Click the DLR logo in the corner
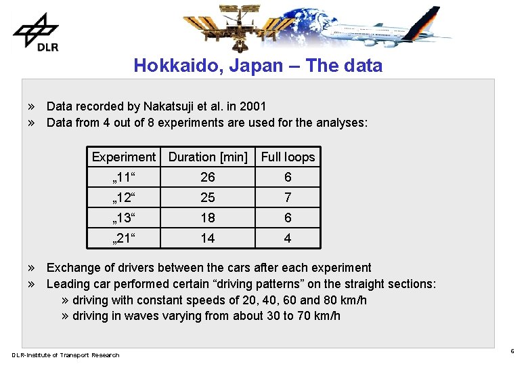35,32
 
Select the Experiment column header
123,157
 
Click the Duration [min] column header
208,157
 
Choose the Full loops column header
288,157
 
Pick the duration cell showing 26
208,178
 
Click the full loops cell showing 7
288,198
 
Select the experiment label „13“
124,218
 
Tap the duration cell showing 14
208,239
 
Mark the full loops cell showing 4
288,239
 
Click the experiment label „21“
124,239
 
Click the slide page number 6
512,352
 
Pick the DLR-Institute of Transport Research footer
65,355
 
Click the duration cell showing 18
208,218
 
